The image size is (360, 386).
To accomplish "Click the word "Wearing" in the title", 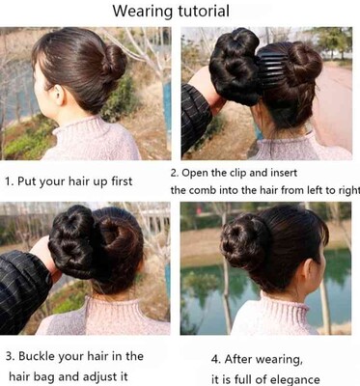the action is [143, 12].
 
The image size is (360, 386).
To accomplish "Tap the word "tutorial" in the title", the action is [204, 11].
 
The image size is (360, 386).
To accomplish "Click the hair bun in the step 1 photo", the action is [115, 63].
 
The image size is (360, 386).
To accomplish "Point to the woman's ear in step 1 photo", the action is [60, 95].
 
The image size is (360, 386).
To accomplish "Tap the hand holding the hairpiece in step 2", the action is [207, 87].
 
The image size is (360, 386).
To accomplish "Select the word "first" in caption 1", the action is [122, 180].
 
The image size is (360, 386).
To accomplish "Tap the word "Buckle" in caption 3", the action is [35, 356].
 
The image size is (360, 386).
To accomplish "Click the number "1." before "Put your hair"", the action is [10, 181].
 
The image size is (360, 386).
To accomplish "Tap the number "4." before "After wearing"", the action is [216, 359].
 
